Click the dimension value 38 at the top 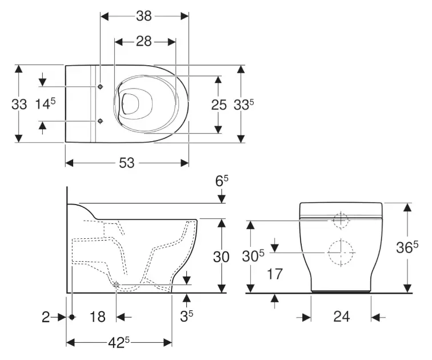coord(144,16)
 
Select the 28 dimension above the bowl coord(144,42)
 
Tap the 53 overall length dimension coord(127,163)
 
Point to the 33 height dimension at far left coord(19,104)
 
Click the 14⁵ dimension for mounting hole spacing coord(45,104)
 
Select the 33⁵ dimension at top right coord(244,104)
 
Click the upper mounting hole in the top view coord(101,87)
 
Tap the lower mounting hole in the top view coord(101,121)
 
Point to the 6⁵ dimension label coord(220,181)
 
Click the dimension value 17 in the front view coord(275,275)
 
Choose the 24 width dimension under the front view coord(341,316)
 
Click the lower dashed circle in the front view coord(341,252)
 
